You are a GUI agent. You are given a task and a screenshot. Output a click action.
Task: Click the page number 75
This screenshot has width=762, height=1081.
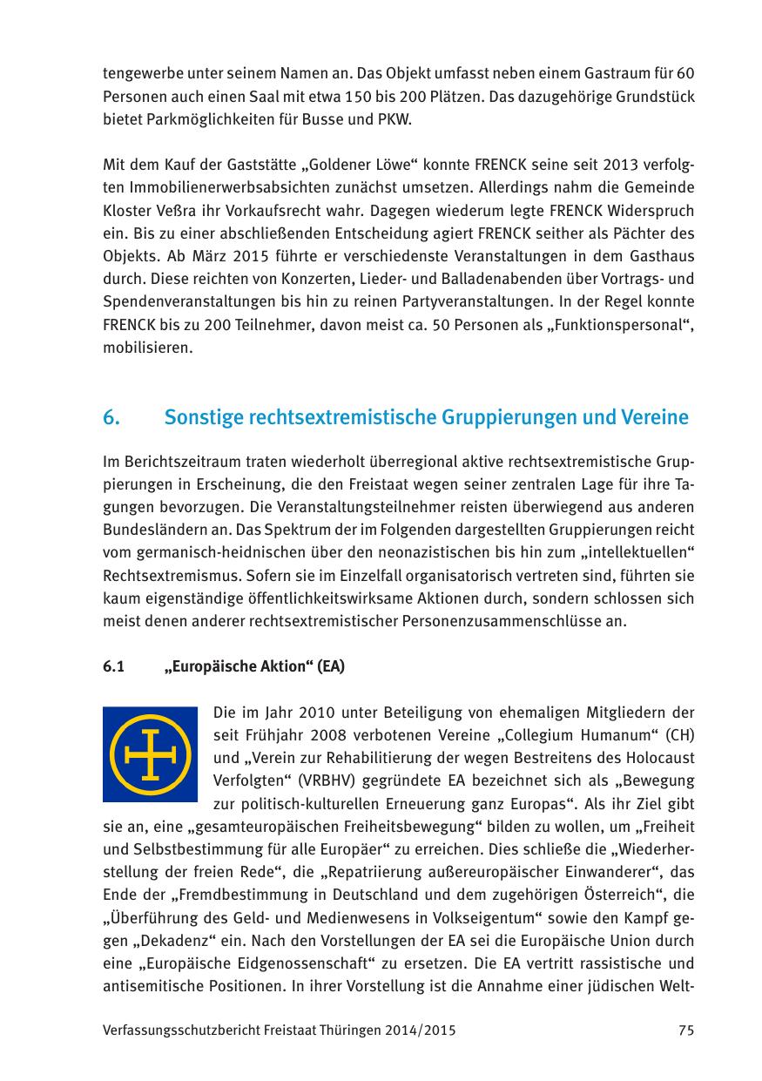(685, 1030)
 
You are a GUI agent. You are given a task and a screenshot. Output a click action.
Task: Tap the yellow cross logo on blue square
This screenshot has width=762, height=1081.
(151, 754)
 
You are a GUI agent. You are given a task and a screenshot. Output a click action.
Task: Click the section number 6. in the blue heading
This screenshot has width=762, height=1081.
(111, 417)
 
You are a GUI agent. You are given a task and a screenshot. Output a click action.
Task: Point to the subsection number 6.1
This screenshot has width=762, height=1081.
(113, 668)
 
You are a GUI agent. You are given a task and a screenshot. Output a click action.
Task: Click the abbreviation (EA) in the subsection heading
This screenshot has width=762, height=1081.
(330, 668)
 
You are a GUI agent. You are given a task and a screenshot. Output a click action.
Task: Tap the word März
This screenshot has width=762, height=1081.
(180, 255)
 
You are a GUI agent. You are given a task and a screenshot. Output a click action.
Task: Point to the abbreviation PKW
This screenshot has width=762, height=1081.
(395, 118)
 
